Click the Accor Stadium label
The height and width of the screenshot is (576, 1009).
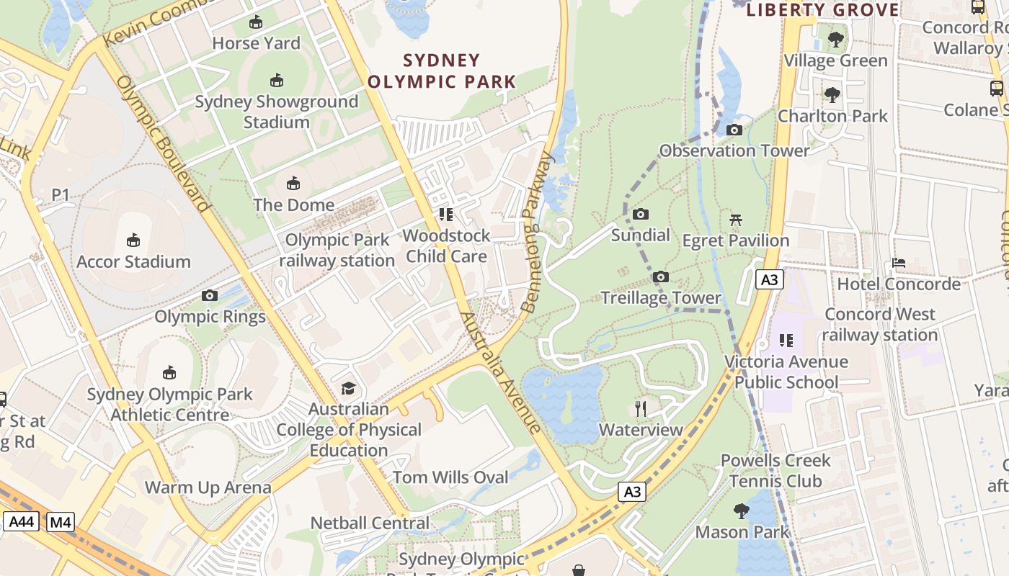(133, 261)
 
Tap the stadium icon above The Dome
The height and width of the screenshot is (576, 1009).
(293, 184)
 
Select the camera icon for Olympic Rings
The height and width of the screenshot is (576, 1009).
(210, 295)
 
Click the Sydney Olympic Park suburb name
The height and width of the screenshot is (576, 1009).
(442, 71)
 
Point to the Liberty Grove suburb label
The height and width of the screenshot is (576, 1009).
(822, 10)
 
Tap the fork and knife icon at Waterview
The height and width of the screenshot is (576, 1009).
(641, 409)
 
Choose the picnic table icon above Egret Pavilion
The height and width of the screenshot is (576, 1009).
(736, 219)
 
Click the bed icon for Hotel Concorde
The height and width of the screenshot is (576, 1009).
(899, 263)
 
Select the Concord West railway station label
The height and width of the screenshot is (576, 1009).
(880, 325)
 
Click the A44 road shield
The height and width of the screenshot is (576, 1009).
(21, 521)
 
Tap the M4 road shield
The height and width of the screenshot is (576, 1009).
(61, 521)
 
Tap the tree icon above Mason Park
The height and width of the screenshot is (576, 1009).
(742, 511)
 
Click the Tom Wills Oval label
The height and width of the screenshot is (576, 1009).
(450, 477)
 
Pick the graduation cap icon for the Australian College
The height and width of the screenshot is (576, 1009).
(349, 388)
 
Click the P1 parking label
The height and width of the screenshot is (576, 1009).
(61, 194)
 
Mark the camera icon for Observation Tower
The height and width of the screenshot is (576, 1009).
(734, 130)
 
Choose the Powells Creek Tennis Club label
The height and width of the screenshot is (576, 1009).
(775, 470)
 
